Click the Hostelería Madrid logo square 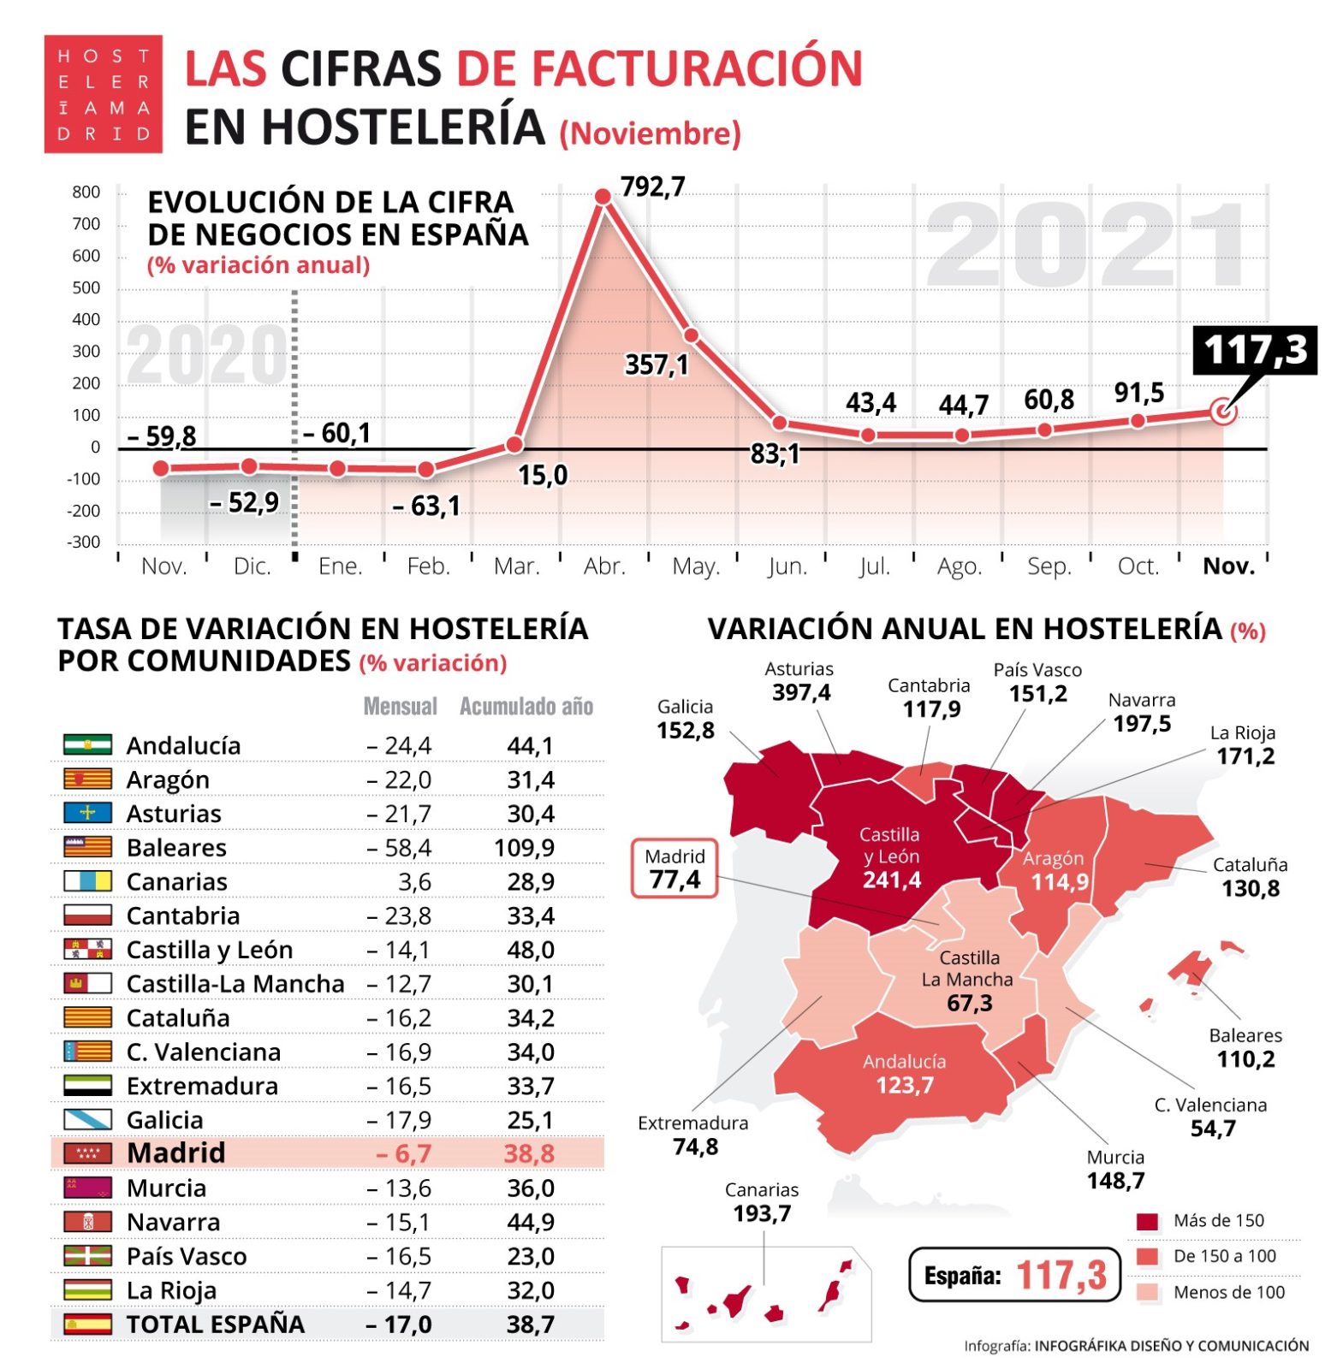(x=103, y=94)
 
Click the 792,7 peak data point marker (x=603, y=197)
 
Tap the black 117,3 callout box (x=1255, y=350)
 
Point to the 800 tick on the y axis (x=86, y=193)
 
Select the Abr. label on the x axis (x=604, y=566)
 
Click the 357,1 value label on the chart (x=657, y=365)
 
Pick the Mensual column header (x=400, y=707)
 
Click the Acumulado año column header (x=526, y=707)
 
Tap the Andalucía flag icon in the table (x=87, y=744)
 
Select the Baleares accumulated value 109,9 (x=525, y=848)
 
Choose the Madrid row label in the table (x=175, y=1153)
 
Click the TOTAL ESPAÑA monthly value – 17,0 (x=399, y=1325)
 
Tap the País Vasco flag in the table (x=87, y=1256)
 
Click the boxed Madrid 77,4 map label (x=674, y=868)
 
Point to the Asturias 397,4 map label (x=800, y=682)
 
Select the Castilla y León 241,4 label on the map (x=890, y=856)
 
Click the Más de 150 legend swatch (x=1147, y=1221)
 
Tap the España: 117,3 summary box (x=1014, y=1275)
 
